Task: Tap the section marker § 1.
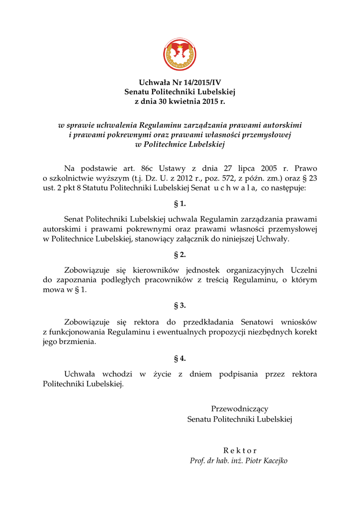click(180, 204)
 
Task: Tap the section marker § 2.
click(180, 255)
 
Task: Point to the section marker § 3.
click(180, 306)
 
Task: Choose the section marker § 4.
click(180, 358)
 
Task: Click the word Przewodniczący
click(240, 409)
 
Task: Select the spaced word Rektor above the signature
click(240, 450)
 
